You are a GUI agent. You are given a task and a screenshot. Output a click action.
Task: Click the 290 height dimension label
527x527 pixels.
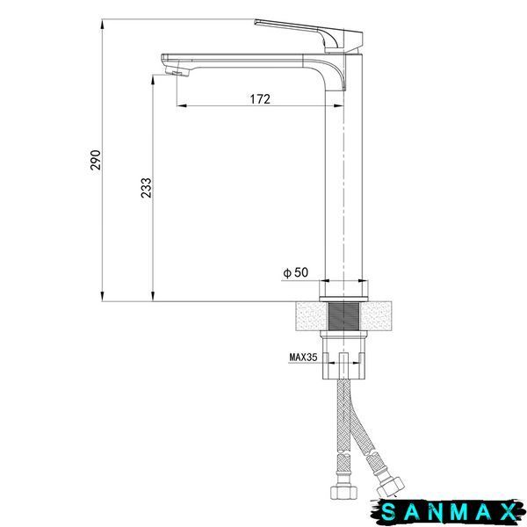point(96,160)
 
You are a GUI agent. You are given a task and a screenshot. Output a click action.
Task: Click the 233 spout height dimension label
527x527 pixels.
point(146,188)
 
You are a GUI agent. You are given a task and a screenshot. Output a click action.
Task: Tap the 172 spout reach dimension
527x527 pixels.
point(260,99)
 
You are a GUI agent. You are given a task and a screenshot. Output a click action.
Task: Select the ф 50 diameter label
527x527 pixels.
point(295,272)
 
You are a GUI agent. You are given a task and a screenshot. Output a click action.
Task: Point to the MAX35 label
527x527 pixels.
point(303,357)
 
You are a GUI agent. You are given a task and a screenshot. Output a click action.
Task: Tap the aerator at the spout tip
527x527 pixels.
point(177,71)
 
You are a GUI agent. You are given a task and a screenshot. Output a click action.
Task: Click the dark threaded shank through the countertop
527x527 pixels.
point(343,316)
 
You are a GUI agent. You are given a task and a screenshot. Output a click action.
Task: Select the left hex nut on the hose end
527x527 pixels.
point(343,492)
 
